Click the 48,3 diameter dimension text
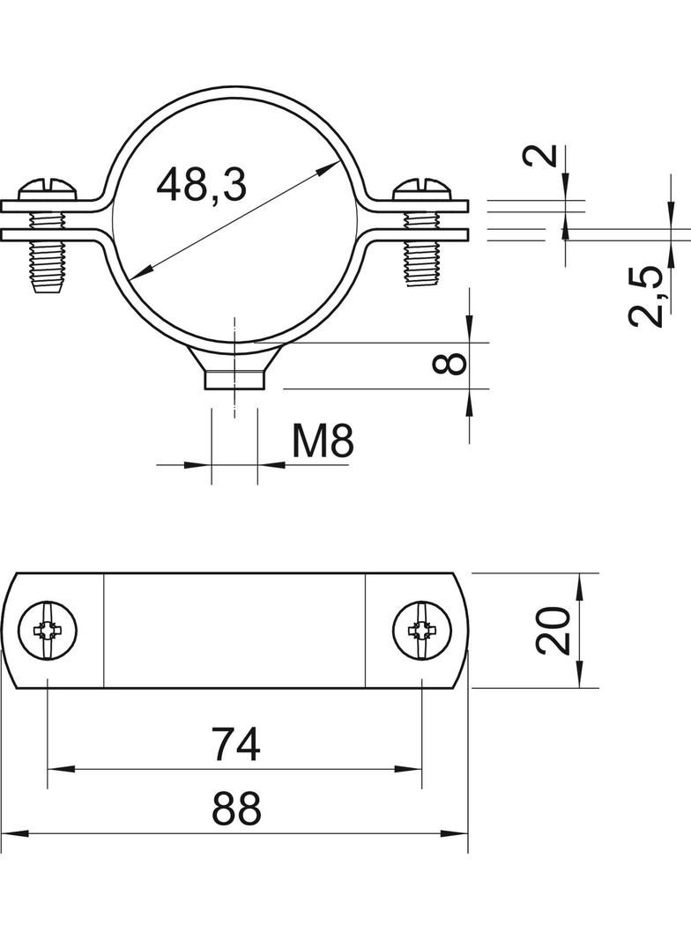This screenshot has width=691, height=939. pyautogui.click(x=201, y=184)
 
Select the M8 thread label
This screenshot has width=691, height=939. pyautogui.click(x=323, y=442)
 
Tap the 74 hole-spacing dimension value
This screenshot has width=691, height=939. pyautogui.click(x=237, y=743)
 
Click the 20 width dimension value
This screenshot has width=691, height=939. pyautogui.click(x=552, y=630)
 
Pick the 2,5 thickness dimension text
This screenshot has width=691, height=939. pyautogui.click(x=647, y=297)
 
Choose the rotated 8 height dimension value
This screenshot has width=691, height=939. pyautogui.click(x=450, y=364)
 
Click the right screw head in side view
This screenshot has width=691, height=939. pyautogui.click(x=424, y=190)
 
